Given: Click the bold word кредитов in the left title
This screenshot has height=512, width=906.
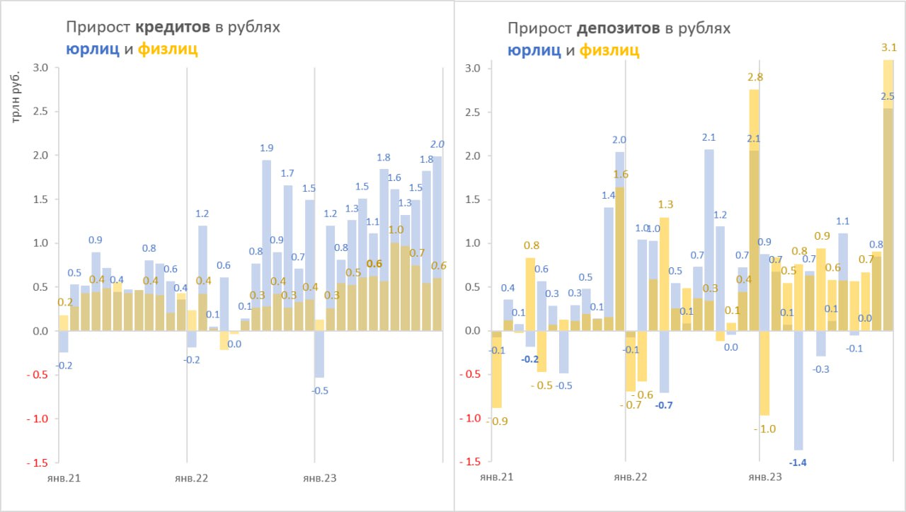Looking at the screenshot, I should point(174,28).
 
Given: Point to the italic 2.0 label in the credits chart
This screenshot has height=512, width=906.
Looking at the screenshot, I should point(437,144).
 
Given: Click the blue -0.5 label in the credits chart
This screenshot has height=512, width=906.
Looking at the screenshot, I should point(321,390).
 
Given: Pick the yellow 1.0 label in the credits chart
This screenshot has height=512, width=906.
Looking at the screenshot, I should point(396,230).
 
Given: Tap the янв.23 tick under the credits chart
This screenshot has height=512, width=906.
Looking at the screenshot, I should point(319,478).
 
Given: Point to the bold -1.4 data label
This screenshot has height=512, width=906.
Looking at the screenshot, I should point(798,462).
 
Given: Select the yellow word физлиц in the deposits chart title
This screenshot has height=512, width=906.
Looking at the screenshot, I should point(609,50).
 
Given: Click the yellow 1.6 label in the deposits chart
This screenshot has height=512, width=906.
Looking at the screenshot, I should point(621,175).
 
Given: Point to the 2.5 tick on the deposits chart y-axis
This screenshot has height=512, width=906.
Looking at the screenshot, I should point(473,112).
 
